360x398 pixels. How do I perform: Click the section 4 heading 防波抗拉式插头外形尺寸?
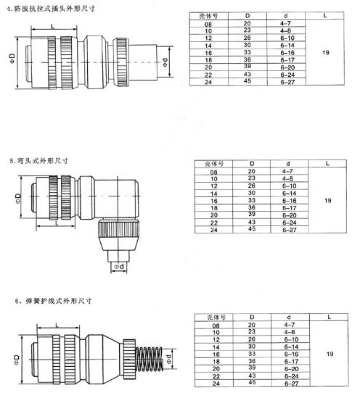point(54,9)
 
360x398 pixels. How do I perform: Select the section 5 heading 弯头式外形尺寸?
point(43,161)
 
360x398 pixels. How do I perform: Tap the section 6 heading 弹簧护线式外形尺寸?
point(59,301)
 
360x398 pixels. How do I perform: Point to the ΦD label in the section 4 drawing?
point(13,59)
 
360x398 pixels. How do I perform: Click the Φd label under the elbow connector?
point(119,267)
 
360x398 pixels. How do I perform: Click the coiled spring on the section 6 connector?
point(149,359)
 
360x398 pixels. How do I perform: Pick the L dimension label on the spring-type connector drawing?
point(57,326)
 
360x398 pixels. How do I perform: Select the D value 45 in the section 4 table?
point(247,80)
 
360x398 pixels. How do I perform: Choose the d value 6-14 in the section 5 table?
point(289,194)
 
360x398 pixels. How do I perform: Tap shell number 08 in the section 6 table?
point(216,326)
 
